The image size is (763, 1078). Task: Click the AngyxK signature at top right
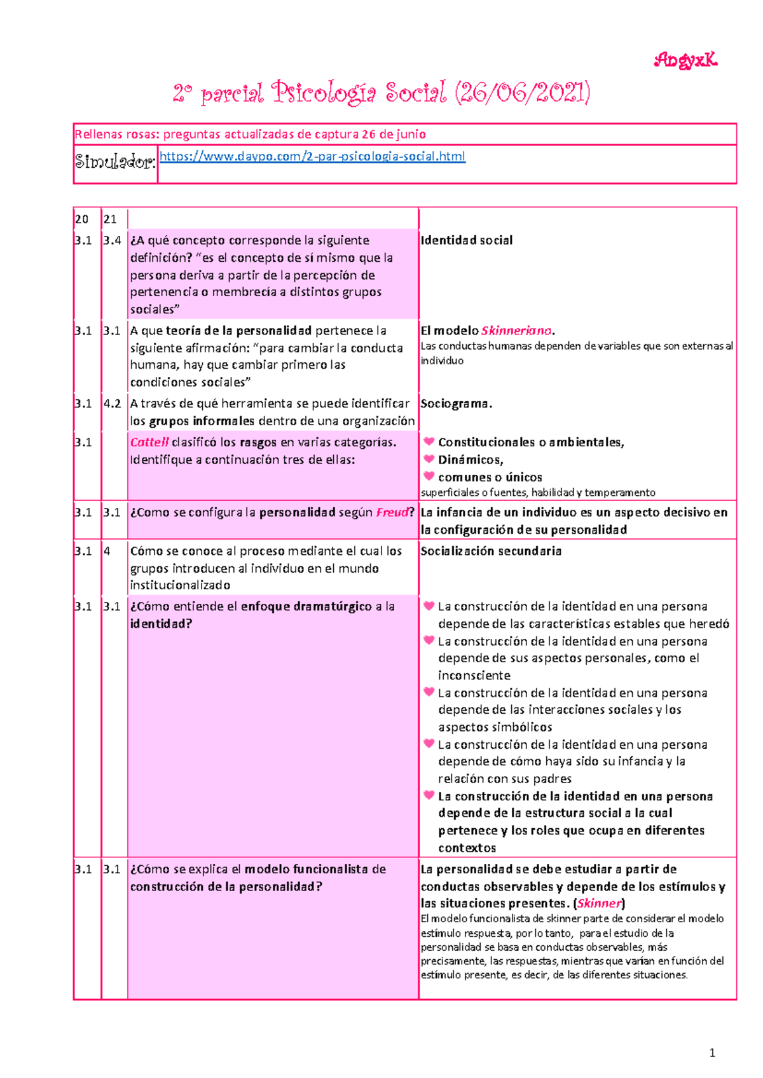(x=685, y=60)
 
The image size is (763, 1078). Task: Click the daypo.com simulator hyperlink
(x=312, y=156)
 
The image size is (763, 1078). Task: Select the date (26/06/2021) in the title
(x=522, y=93)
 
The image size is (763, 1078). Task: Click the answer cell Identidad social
(x=466, y=240)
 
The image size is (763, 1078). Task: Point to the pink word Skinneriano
(x=516, y=331)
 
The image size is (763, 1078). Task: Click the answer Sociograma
(x=456, y=404)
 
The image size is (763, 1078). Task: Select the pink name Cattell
(x=149, y=442)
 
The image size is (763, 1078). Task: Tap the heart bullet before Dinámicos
(x=429, y=459)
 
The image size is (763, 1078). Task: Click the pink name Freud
(x=392, y=512)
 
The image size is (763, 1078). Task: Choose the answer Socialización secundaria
(x=491, y=551)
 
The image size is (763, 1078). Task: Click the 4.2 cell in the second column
(x=112, y=404)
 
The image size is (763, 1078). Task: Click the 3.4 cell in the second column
(x=112, y=240)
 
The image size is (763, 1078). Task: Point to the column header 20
(x=81, y=219)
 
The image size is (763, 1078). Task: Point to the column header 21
(x=110, y=219)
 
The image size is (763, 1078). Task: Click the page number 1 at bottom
(x=712, y=1053)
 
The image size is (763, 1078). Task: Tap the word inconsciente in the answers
(x=474, y=676)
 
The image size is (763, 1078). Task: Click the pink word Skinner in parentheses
(x=599, y=903)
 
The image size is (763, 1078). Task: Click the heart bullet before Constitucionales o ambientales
(x=429, y=442)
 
